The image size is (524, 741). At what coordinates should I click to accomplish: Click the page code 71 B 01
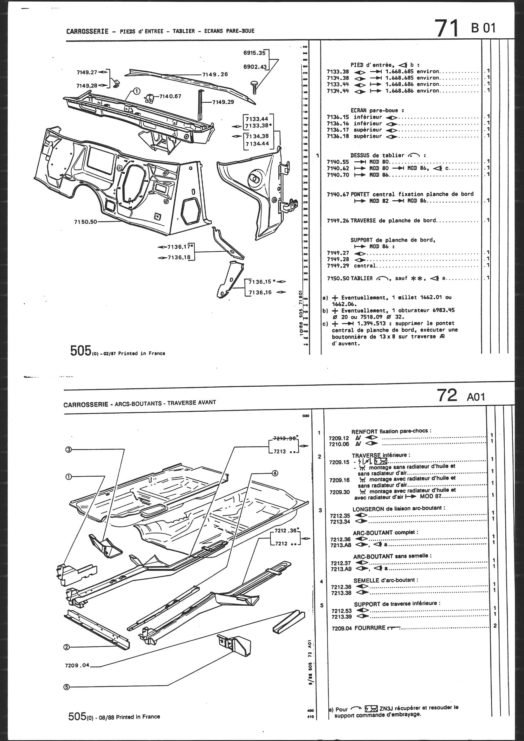coord(465,28)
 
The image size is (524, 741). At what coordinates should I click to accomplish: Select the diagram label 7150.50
coord(86,222)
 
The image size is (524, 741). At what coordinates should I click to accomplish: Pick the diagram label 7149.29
coord(223,102)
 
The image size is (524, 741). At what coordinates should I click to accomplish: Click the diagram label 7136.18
coord(179,257)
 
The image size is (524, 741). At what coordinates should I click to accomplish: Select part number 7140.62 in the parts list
coord(338,168)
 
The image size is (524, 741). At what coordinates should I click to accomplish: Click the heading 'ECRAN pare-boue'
coord(377,110)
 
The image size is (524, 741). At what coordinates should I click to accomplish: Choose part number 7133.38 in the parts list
coord(338,71)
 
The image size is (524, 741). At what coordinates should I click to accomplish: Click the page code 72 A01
coord(461,395)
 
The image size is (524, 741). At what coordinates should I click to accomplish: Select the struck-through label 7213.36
coord(284,439)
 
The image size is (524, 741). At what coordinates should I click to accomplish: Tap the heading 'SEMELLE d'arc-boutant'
coord(385,580)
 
